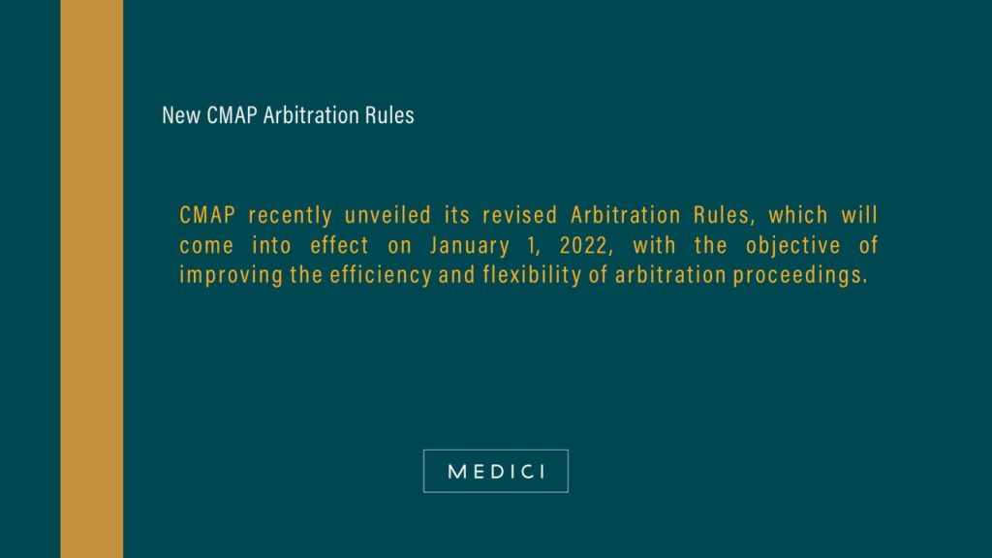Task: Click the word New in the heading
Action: (181, 115)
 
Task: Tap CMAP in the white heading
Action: (232, 115)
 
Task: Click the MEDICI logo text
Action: (496, 472)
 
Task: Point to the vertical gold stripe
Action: (92, 279)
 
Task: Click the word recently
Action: (290, 216)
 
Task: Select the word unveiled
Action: (387, 215)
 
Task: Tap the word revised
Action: (519, 215)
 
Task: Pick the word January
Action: (470, 246)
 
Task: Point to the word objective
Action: (792, 246)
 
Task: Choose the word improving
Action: (231, 276)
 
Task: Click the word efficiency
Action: (381, 276)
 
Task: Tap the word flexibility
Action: (532, 276)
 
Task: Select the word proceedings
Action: (799, 276)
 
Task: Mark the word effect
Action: (339, 245)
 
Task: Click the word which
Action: (798, 215)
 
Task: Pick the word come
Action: (206, 246)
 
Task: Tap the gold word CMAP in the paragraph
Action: (207, 215)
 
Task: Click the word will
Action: (859, 215)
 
